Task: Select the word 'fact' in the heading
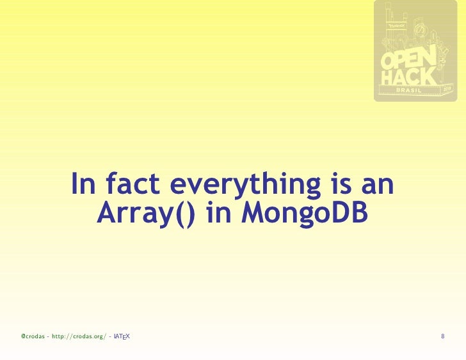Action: point(131,185)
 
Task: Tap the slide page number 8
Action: point(443,336)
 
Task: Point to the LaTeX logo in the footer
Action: point(122,336)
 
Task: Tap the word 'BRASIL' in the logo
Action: point(410,91)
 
